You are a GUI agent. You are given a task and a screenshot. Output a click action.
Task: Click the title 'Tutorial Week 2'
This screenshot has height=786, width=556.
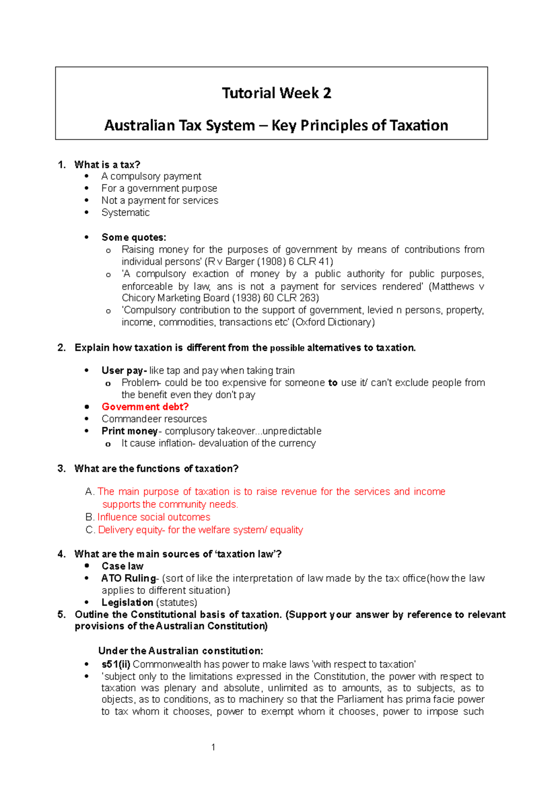coord(277,93)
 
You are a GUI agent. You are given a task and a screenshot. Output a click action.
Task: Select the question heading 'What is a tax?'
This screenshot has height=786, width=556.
coord(107,165)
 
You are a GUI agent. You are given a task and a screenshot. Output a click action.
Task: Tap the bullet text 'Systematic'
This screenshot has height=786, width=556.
coord(126,212)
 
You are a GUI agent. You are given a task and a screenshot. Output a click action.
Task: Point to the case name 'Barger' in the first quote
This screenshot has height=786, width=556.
coord(240,262)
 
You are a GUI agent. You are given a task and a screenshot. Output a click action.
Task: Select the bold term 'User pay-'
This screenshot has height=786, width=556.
coord(124,370)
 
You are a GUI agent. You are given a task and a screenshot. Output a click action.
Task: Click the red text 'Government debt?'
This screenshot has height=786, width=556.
coord(145,407)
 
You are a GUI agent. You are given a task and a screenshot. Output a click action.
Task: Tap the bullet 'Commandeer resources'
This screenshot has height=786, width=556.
coord(154,419)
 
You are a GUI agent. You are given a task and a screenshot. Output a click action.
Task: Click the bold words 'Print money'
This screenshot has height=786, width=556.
coord(130,431)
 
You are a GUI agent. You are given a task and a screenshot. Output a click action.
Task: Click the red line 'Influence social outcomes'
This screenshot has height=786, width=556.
coord(153,517)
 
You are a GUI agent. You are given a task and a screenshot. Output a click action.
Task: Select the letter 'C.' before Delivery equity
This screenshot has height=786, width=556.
coord(90,530)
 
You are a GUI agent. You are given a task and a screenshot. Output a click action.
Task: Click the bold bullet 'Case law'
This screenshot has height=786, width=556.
coord(122,566)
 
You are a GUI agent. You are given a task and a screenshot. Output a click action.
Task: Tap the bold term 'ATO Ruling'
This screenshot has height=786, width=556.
coord(128,578)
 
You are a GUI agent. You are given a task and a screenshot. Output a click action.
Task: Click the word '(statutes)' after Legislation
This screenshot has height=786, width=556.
coord(177,603)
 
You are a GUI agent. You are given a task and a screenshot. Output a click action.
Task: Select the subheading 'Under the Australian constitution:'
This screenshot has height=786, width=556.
coord(181,651)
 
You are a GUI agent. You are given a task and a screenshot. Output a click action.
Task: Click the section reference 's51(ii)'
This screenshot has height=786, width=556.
coord(116,664)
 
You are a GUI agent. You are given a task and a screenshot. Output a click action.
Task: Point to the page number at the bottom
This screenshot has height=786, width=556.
coord(213,747)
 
